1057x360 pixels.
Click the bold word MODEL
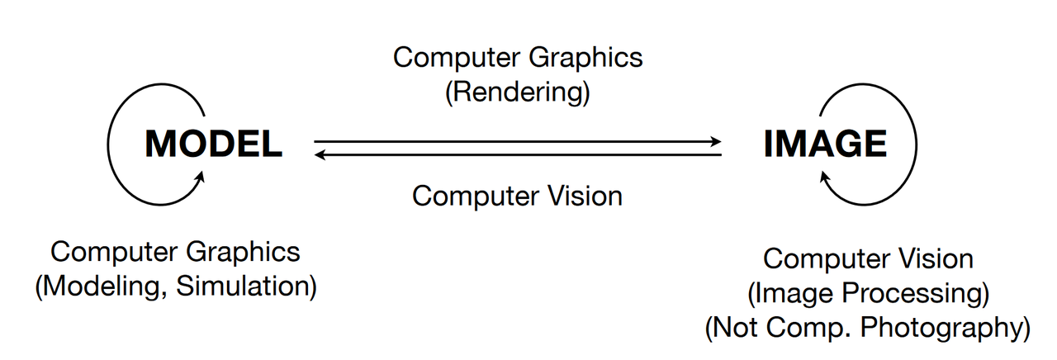[213, 144]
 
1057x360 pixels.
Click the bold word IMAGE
[825, 144]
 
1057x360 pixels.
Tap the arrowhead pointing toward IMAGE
[716, 141]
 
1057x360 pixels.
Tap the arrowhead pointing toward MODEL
[320, 154]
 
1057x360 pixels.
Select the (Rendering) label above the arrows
[518, 92]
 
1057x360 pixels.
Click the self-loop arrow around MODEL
[108, 144]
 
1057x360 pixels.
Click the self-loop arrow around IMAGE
[917, 144]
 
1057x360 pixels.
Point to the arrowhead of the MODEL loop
[200, 177]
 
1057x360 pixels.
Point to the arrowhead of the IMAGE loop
[825, 177]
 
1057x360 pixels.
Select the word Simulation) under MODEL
[246, 287]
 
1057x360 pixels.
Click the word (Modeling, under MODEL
[101, 287]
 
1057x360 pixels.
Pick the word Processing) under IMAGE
[916, 293]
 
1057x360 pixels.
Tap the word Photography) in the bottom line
[946, 328]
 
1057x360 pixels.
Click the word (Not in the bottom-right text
[732, 328]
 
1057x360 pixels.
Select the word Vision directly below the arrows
[585, 196]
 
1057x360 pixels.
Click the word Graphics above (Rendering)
[585, 59]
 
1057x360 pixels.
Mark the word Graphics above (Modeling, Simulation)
[243, 253]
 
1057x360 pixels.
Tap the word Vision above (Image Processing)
[936, 258]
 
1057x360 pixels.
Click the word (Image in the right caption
[790, 293]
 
